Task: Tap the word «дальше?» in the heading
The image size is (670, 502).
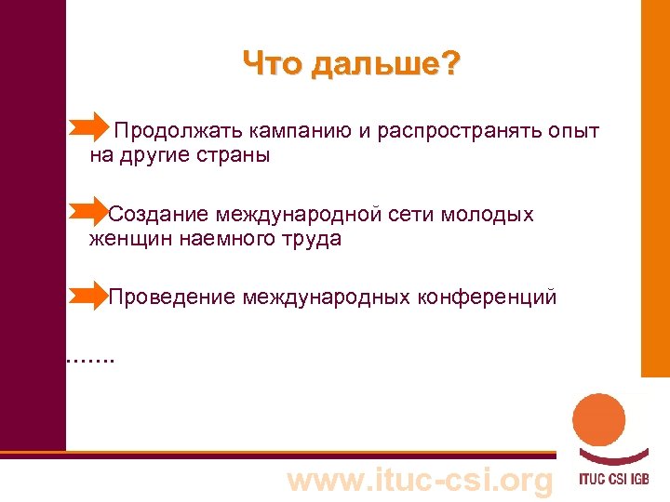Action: [384, 66]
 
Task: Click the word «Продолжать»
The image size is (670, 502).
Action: [172, 131]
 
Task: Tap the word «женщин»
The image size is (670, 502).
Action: [127, 239]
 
